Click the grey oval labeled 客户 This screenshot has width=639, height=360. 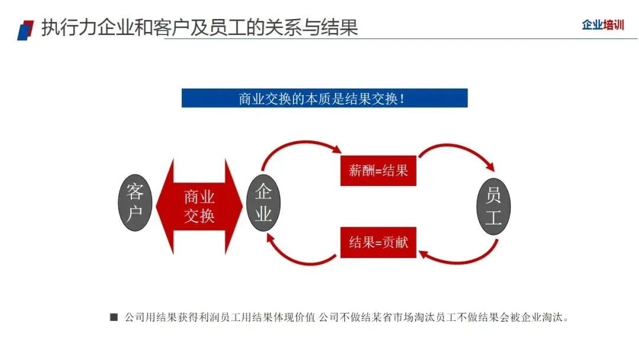click(135, 202)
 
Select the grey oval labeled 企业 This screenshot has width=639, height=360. click(263, 202)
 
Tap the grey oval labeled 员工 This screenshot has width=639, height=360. click(493, 205)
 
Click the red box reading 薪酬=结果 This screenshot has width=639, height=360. click(378, 171)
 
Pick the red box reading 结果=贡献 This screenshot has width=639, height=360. click(378, 242)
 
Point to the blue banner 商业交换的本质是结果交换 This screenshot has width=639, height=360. click(324, 98)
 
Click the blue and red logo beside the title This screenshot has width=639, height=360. click(25, 29)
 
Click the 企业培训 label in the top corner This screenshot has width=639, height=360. click(602, 25)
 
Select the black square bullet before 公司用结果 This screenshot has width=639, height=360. click(114, 317)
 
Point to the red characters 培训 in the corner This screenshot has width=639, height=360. click(614, 25)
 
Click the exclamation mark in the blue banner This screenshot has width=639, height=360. click(403, 98)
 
